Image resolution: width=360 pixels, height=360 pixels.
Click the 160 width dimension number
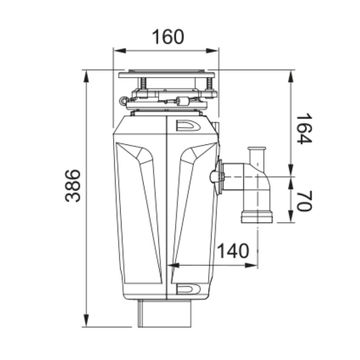pyautogui.click(x=167, y=37)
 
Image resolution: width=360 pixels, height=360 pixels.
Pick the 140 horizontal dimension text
pyautogui.click(x=233, y=251)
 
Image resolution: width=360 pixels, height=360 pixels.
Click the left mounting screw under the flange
pyautogui.click(x=142, y=84)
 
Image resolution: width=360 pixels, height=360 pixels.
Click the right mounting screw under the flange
pyautogui.click(x=209, y=84)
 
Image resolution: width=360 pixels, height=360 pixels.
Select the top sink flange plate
pyautogui.click(x=167, y=73)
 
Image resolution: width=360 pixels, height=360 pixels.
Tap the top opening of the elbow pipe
pyautogui.click(x=257, y=149)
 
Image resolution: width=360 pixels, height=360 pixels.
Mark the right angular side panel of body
pyautogui.click(x=193, y=211)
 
